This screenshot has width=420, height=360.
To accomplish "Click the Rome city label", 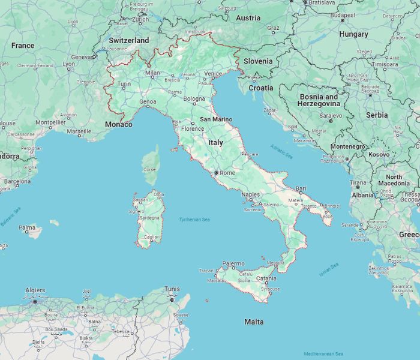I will pyautogui.click(x=227, y=173).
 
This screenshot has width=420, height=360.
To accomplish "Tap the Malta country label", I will pyautogui.click(x=254, y=322).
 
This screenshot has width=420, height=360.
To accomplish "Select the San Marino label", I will pyautogui.click(x=216, y=119).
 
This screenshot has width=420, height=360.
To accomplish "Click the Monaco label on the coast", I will pyautogui.click(x=118, y=124).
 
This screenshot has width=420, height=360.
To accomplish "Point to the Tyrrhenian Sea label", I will pyautogui.click(x=194, y=220).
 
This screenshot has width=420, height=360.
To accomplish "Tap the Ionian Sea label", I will pyautogui.click(x=329, y=270).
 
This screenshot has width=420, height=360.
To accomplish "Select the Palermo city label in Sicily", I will pyautogui.click(x=233, y=263).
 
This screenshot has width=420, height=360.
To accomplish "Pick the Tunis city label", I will pyautogui.click(x=172, y=289).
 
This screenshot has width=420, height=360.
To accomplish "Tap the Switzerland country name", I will pyautogui.click(x=129, y=40).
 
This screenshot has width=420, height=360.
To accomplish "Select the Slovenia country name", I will pyautogui.click(x=258, y=61).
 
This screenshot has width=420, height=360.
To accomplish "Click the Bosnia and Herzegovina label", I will pyautogui.click(x=319, y=100).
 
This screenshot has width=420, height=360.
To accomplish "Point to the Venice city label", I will pyautogui.click(x=213, y=73).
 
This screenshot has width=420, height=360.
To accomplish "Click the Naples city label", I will pyautogui.click(x=251, y=195).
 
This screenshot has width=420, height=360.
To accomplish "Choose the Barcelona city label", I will pyautogui.click(x=17, y=181).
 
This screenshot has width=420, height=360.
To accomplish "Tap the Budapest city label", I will pyautogui.click(x=343, y=14).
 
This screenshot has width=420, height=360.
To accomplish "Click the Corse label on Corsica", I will pyautogui.click(x=149, y=169).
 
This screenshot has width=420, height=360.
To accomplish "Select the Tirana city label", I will pyautogui.click(x=358, y=182).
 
